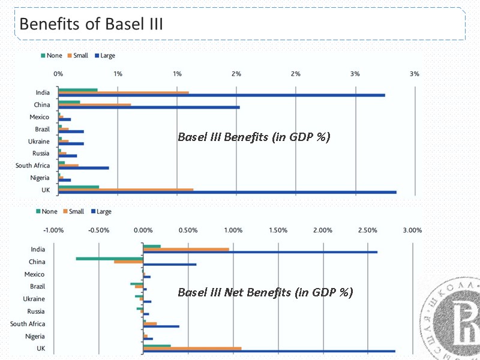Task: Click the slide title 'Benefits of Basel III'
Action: coord(91,25)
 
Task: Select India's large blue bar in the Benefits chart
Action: coord(221,95)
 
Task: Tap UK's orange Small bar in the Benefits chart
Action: coord(125,190)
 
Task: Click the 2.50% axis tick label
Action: coord(367,230)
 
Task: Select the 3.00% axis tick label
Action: coord(412,230)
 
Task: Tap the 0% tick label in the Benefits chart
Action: coord(58,74)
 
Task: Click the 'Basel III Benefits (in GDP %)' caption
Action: coord(254,137)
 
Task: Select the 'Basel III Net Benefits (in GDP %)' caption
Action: coord(265,292)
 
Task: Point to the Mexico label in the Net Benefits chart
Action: coord(35,274)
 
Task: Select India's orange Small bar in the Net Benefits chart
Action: coord(186,249)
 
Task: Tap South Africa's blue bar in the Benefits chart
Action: coord(83,168)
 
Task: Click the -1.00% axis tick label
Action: coord(53,230)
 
